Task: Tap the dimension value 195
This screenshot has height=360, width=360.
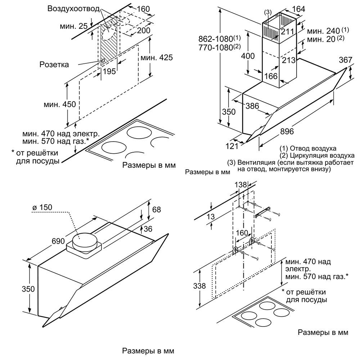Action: tap(109, 71)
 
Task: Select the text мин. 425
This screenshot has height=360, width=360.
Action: tap(157, 57)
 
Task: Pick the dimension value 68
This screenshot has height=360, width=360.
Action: tap(156, 210)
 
